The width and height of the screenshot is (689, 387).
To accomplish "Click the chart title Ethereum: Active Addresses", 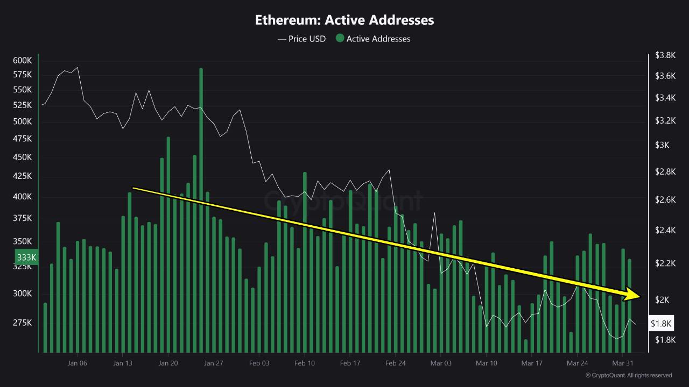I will click(344, 20).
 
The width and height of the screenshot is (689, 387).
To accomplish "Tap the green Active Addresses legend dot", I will click(340, 38).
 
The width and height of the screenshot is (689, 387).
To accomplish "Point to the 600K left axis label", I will click(22, 60).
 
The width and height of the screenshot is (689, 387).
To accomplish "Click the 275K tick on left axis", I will click(22, 322).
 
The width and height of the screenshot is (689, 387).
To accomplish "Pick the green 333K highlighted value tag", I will click(26, 257).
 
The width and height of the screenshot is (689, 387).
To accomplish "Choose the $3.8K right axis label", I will click(665, 55).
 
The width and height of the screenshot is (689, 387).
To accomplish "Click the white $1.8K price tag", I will click(661, 323).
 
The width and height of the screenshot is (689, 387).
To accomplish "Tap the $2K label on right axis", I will click(662, 299).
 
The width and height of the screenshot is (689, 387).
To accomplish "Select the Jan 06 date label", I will click(77, 363).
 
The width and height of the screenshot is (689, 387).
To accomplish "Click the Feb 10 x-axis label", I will click(305, 363).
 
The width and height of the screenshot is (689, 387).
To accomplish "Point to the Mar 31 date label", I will click(622, 363).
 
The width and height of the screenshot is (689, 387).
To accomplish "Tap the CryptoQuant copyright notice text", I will click(628, 375).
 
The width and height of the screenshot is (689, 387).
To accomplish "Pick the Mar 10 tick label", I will click(486, 363).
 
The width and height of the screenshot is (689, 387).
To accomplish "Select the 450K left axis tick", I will click(22, 157).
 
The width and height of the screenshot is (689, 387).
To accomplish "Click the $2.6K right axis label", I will click(665, 199).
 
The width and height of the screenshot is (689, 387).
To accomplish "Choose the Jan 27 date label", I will click(214, 363).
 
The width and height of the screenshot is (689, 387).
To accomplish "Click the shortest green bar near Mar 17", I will click(525, 346).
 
